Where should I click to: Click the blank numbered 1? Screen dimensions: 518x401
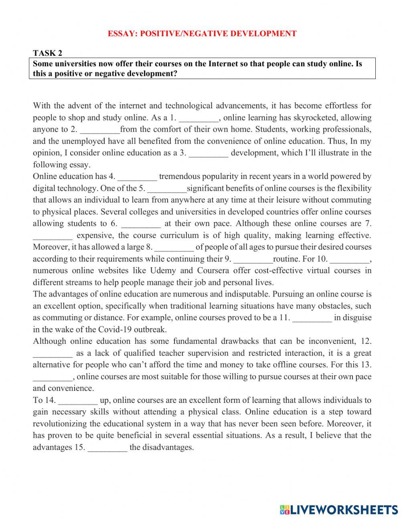pyautogui.click(x=198, y=118)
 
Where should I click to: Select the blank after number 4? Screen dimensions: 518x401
pyautogui.click(x=138, y=177)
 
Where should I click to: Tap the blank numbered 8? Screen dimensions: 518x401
pyautogui.click(x=174, y=248)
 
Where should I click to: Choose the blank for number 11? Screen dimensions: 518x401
pyautogui.click(x=312, y=318)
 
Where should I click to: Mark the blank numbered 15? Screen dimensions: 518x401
pyautogui.click(x=107, y=448)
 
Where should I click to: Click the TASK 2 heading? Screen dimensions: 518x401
pyautogui.click(x=47, y=53)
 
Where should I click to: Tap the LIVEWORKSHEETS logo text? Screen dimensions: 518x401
pyautogui.click(x=343, y=510)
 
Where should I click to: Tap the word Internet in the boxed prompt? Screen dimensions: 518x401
pyautogui.click(x=223, y=64)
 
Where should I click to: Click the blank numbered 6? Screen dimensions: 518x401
pyautogui.click(x=141, y=224)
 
